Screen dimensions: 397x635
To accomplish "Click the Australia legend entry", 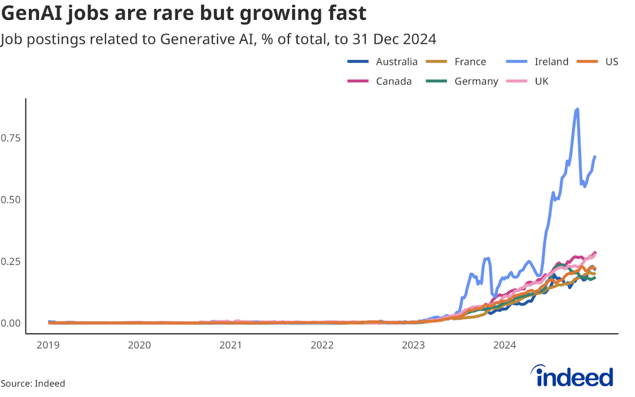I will click(396, 62).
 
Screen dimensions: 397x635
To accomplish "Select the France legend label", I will click(470, 62).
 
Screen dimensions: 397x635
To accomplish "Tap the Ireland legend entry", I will click(551, 62).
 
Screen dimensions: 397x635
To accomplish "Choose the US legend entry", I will click(611, 62).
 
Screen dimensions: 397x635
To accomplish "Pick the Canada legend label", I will click(394, 81).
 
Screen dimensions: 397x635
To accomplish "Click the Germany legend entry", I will click(476, 81).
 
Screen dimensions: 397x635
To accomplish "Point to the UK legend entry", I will click(541, 81).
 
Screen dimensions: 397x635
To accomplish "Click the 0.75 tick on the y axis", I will click(11, 138).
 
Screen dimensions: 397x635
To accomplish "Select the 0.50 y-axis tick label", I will click(11, 200).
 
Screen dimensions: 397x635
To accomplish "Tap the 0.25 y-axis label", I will click(11, 261).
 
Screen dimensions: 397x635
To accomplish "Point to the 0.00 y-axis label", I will click(11, 323).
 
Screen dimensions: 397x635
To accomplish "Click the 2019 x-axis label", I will click(48, 345).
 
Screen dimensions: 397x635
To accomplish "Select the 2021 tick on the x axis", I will click(230, 345).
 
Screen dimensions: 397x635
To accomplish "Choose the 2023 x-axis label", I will click(413, 345).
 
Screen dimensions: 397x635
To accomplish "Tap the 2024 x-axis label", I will click(504, 345).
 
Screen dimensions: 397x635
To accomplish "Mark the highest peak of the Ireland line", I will click(577, 109).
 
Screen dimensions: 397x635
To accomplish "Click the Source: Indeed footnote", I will click(33, 383).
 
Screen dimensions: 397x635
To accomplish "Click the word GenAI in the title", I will click(32, 13).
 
